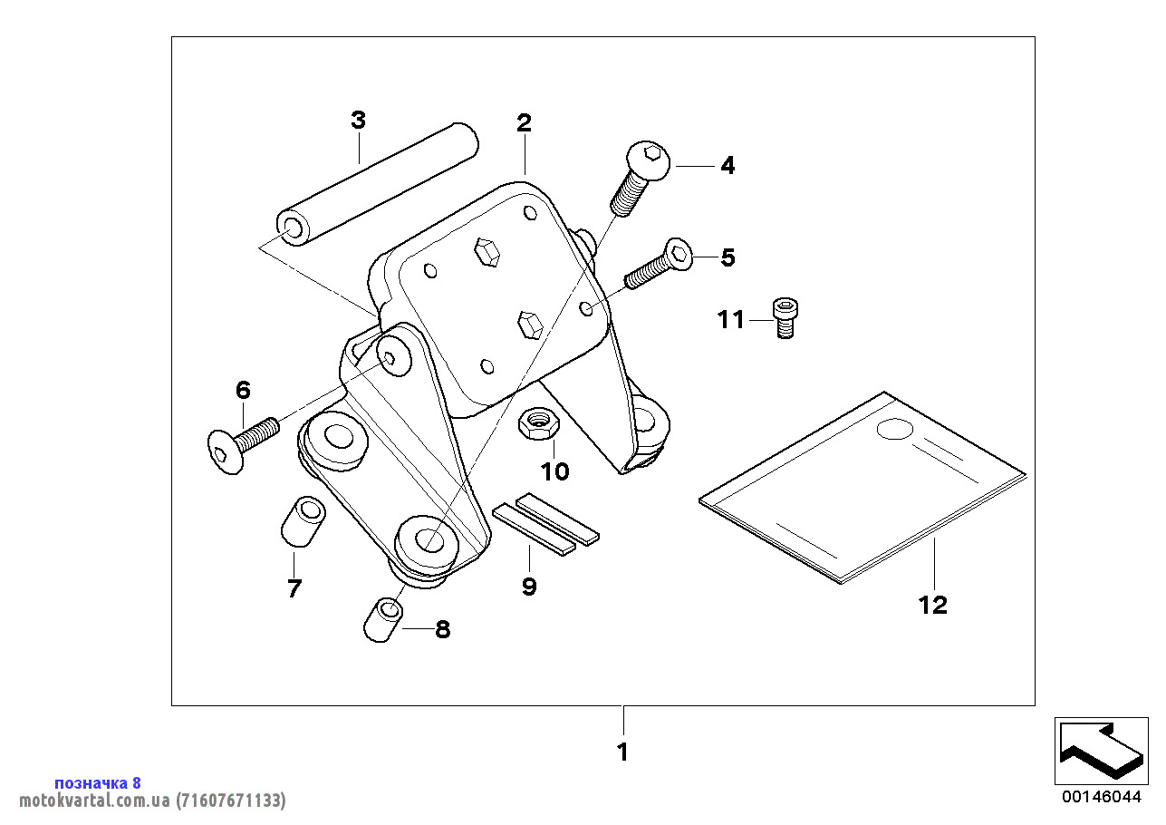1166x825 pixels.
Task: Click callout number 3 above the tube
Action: click(358, 120)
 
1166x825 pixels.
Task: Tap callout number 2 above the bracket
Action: click(525, 122)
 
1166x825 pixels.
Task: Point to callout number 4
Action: click(728, 166)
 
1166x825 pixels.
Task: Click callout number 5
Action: click(728, 257)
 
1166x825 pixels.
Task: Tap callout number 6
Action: click(243, 391)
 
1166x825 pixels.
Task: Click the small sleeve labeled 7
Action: click(302, 520)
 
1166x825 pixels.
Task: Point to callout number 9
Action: click(529, 587)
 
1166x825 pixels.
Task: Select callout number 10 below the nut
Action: click(555, 471)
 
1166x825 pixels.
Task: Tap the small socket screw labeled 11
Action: click(785, 318)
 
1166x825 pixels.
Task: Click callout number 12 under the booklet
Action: click(932, 605)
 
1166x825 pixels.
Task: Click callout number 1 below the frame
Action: click(622, 752)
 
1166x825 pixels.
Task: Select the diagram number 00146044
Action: click(1101, 797)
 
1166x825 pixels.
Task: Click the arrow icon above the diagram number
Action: click(1100, 751)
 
